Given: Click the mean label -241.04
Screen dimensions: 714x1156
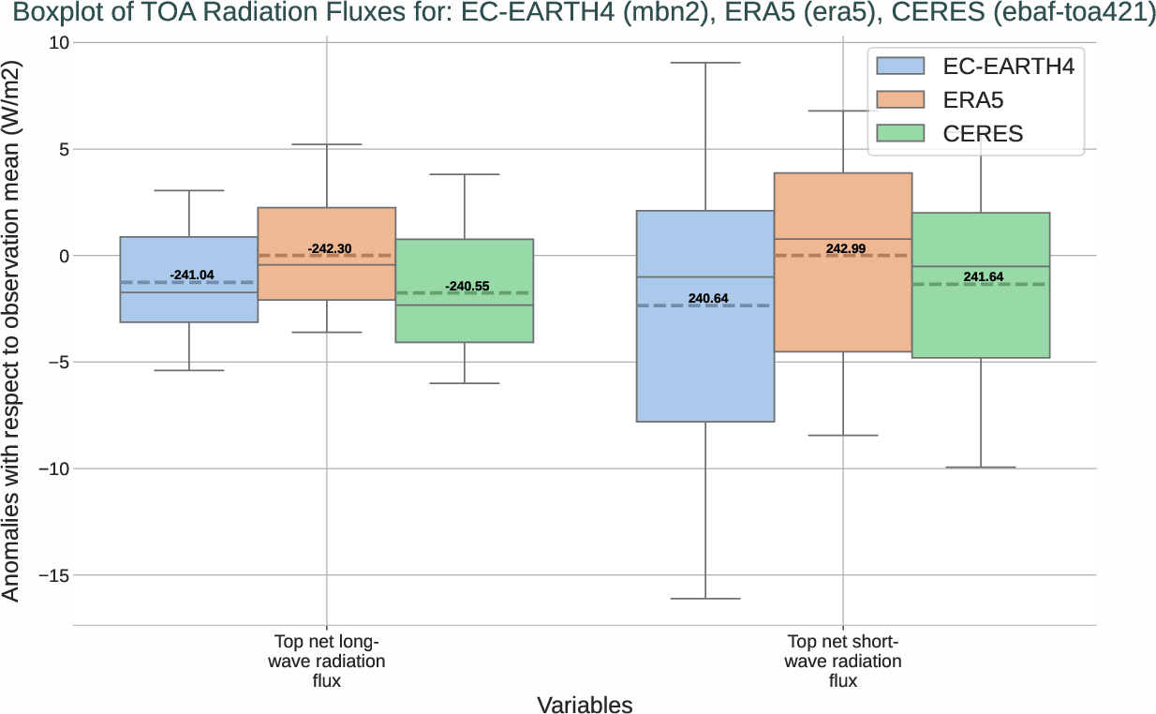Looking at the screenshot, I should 192,275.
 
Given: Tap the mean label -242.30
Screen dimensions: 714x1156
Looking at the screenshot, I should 330,249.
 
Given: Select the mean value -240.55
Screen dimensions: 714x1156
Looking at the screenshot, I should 467,287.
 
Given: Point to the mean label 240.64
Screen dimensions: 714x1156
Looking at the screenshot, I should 708,299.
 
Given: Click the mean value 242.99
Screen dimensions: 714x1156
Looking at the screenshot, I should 846,249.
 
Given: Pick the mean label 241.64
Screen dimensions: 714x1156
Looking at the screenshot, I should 984,277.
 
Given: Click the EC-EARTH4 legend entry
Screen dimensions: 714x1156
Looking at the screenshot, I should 975,66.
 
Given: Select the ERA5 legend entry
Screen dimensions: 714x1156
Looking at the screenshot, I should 975,99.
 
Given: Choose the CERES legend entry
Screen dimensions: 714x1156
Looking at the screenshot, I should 975,134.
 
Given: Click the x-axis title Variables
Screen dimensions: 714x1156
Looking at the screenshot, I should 585,705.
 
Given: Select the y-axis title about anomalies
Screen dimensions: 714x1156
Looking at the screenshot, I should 11,334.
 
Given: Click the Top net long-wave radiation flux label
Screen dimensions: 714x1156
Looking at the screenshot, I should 327,662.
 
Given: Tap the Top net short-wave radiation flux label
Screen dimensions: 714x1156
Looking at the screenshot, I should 843,662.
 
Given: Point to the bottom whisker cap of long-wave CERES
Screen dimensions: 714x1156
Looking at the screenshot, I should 465,383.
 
